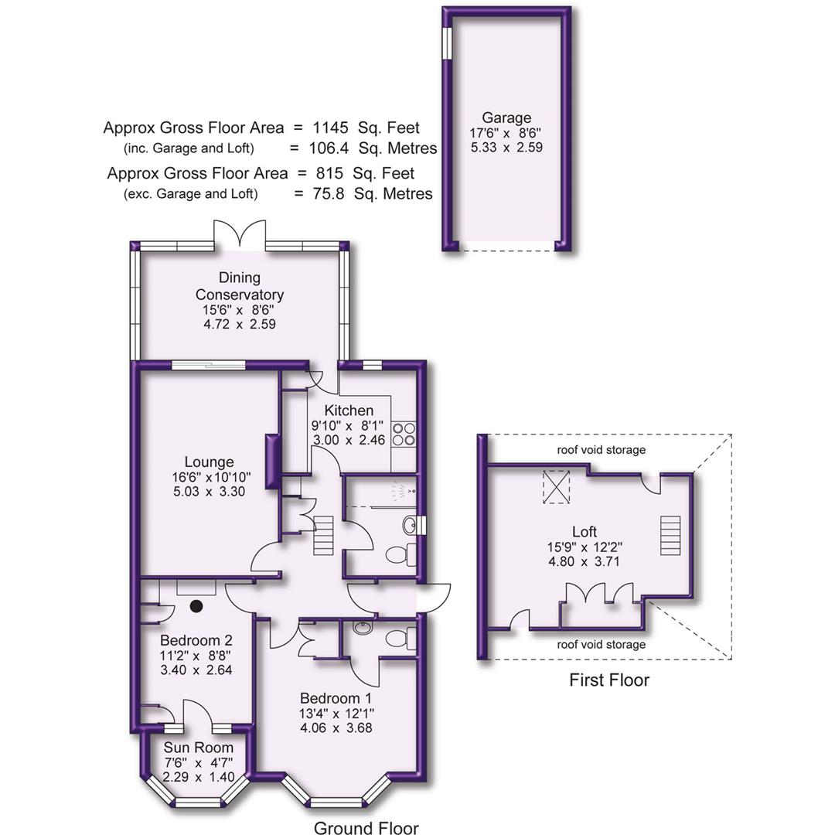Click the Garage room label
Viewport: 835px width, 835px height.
point(506,118)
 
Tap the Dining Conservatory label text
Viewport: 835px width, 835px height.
point(239,286)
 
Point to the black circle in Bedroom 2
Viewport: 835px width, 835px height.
point(196,606)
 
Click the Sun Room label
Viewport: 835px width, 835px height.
point(198,748)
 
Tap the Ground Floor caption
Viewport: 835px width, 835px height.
point(366,828)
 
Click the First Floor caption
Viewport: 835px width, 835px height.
point(609,680)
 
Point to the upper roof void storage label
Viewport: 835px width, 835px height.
point(601,450)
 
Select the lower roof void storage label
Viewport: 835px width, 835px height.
point(601,644)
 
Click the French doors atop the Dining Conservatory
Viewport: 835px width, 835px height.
point(240,233)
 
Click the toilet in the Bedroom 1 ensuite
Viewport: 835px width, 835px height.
point(399,639)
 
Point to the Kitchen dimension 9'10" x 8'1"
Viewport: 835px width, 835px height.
point(349,425)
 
